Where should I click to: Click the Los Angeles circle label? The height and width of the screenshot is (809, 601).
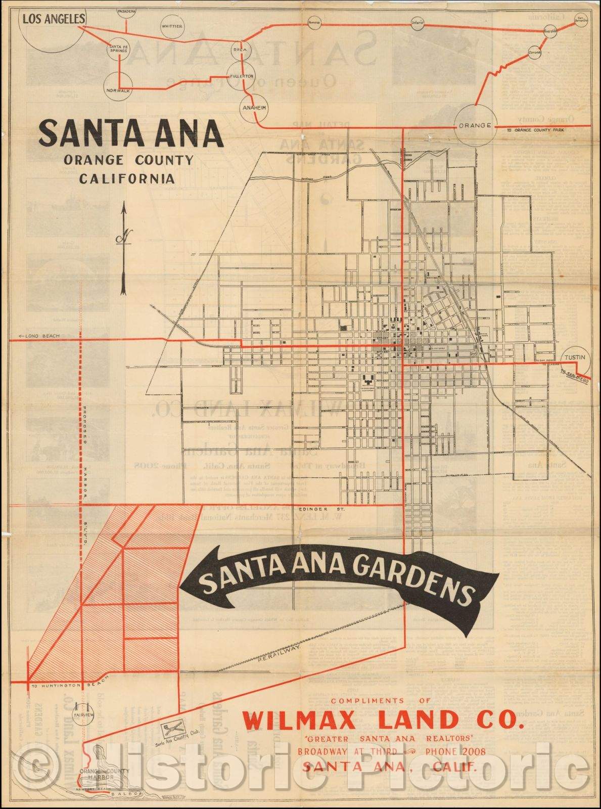52,19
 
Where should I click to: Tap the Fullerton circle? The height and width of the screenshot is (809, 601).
241,76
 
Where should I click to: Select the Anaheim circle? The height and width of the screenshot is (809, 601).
254,108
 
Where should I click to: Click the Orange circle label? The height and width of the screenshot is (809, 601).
475,125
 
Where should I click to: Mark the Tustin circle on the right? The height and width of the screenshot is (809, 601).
575,357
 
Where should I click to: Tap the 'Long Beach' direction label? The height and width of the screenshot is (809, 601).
38,336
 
